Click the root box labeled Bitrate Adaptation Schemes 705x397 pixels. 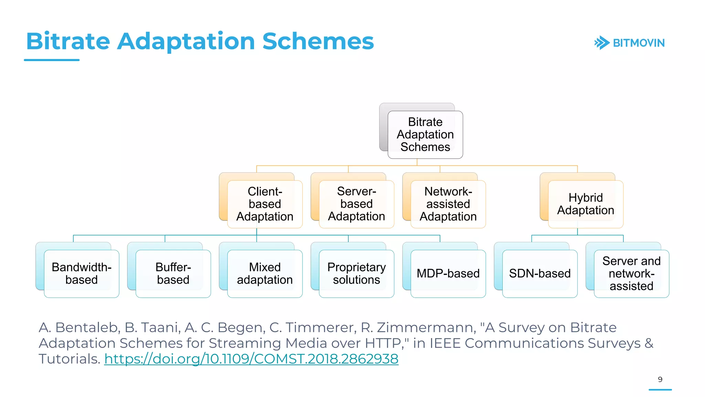click(x=425, y=135)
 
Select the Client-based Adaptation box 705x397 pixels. click(x=265, y=204)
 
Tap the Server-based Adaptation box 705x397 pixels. click(x=356, y=204)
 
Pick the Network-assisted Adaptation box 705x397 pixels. click(x=448, y=204)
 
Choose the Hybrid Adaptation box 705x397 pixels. click(x=586, y=204)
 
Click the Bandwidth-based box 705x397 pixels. click(x=82, y=274)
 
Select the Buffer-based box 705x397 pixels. click(x=173, y=274)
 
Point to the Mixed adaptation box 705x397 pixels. click(x=265, y=274)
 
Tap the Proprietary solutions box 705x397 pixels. click(x=356, y=274)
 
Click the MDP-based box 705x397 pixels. click(x=448, y=274)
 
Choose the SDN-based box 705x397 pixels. click(x=540, y=274)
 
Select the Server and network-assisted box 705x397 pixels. click(x=631, y=274)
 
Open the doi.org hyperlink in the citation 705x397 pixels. click(x=251, y=359)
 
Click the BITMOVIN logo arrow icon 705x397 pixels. click(x=602, y=43)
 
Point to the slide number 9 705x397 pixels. click(x=660, y=379)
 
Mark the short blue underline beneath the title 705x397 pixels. click(x=52, y=60)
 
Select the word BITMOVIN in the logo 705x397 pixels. click(x=639, y=43)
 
